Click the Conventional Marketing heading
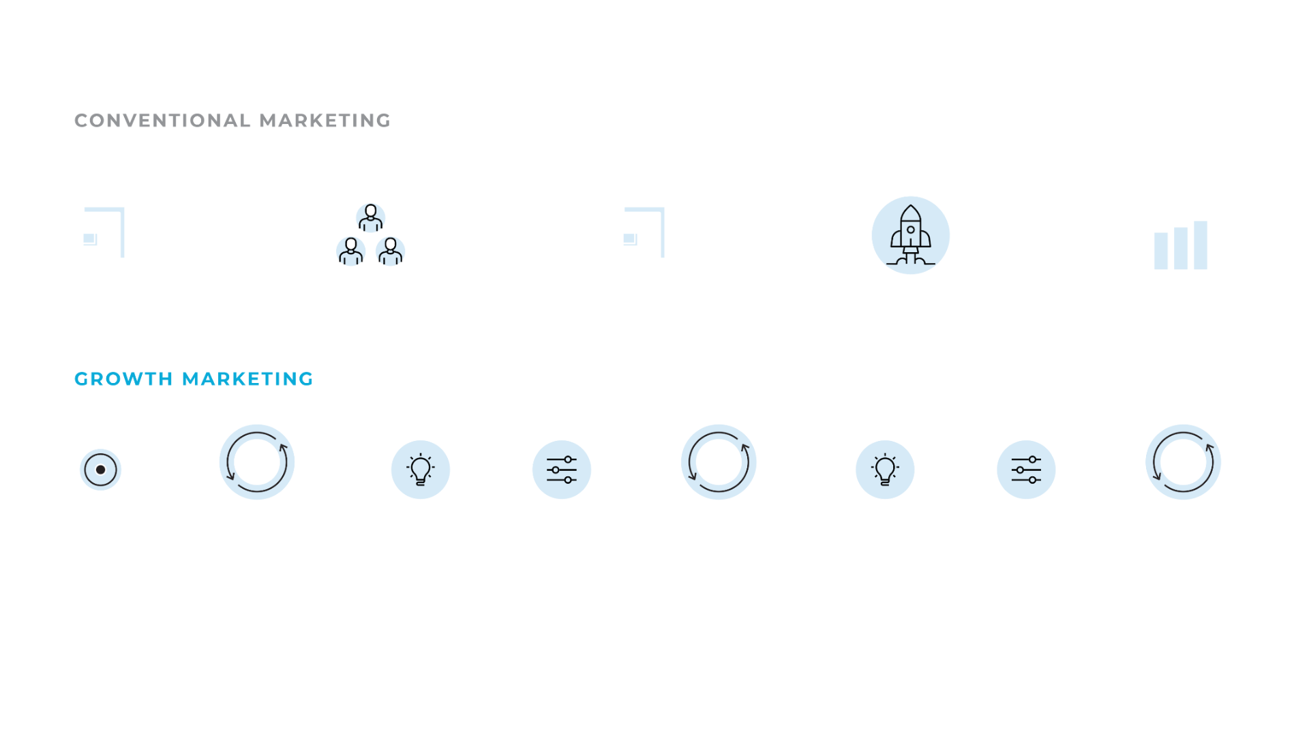pos(232,121)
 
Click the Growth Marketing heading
pos(194,379)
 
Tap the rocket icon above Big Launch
pos(910,236)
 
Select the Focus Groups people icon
pos(370,235)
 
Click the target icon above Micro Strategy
pos(100,470)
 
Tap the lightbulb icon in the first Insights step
pos(420,470)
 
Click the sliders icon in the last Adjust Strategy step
pos(1025,470)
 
